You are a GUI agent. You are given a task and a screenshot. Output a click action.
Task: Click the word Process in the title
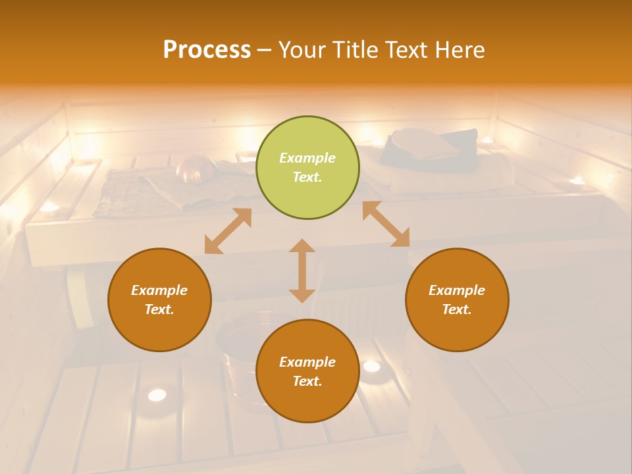[x=207, y=50]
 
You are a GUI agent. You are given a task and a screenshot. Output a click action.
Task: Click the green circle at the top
[x=307, y=168]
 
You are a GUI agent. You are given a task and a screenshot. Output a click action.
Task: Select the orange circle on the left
[x=159, y=300]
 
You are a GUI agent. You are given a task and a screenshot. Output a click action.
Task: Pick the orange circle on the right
[x=457, y=300]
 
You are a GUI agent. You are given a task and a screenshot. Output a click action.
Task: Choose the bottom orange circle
[x=307, y=371]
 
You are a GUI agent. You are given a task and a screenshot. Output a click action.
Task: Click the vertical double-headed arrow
[x=302, y=271]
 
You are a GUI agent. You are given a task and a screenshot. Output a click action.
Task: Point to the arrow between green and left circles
[x=228, y=231]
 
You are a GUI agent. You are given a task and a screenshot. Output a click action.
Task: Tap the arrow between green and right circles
[x=386, y=224]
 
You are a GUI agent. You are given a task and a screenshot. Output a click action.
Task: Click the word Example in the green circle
[x=307, y=158]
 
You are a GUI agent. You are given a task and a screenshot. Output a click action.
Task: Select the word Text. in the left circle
[x=159, y=309]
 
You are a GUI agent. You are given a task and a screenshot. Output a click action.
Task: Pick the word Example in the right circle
[x=457, y=290]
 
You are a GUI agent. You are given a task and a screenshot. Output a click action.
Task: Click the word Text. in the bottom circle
[x=307, y=381]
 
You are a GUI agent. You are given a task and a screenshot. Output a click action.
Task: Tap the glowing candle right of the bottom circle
[x=371, y=366]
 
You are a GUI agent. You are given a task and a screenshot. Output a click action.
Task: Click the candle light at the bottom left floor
[x=157, y=395]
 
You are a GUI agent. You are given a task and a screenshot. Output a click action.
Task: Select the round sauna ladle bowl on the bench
[x=196, y=169]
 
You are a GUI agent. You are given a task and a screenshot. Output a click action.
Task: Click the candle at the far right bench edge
[x=577, y=181]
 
